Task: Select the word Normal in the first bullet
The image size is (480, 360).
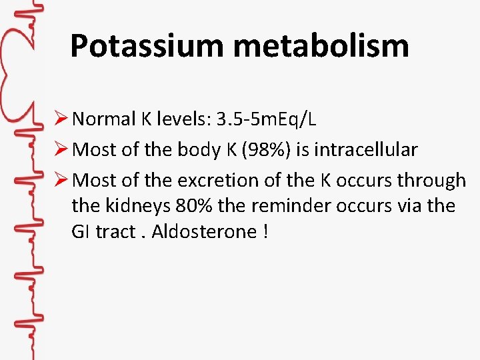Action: click(104, 119)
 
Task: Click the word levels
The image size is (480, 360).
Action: click(181, 119)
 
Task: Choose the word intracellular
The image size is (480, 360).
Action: click(365, 150)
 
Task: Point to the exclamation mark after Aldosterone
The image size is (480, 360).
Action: click(265, 231)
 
